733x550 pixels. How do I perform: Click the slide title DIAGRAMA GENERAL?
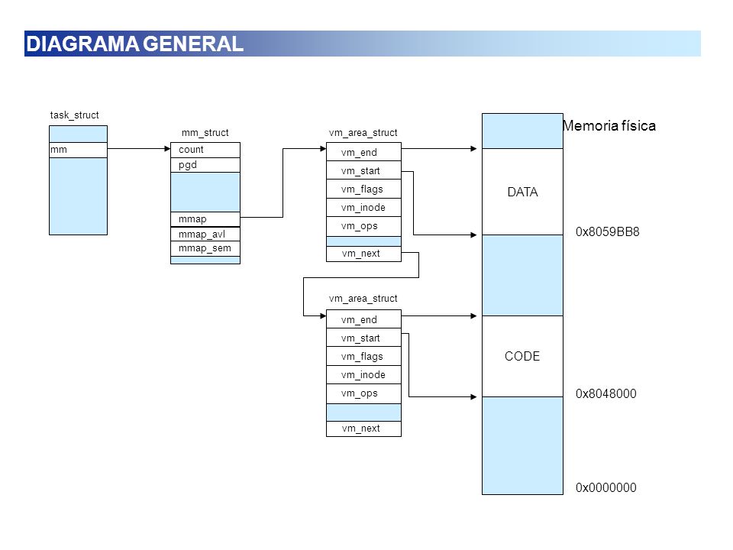coord(134,44)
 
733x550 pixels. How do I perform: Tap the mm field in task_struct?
coord(78,150)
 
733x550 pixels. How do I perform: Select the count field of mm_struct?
coord(205,150)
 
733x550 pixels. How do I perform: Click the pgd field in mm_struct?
coord(205,165)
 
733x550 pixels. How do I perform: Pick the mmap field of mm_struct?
coord(205,219)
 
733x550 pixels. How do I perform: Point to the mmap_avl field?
coord(205,234)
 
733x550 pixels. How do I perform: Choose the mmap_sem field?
coord(205,248)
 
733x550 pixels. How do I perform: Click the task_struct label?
coord(74,115)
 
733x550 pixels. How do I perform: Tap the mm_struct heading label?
coord(205,133)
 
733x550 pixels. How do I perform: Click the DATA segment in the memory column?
coord(522,192)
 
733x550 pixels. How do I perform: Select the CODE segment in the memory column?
coord(522,357)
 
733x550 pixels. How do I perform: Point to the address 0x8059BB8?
coord(607,232)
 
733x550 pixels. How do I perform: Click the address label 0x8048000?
coord(605,394)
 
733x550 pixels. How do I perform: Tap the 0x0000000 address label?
coord(605,488)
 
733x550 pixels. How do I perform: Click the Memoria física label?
coord(609,126)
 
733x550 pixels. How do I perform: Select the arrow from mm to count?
coord(139,149)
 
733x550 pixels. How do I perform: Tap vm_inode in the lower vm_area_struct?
coord(363,375)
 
